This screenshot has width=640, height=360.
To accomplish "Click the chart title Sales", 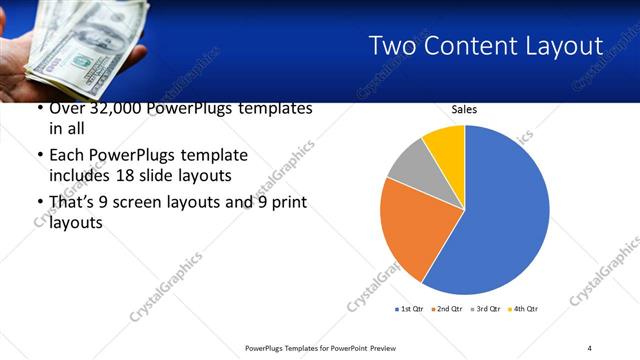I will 464,109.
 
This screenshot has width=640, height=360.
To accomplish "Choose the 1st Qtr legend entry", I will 411,309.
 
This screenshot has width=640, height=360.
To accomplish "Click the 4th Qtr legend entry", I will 524,309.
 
